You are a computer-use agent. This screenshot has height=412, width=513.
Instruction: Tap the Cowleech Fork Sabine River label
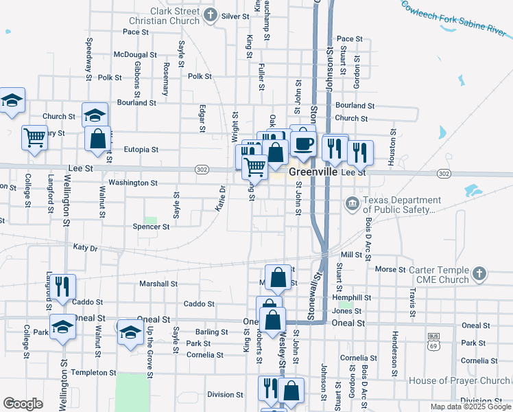453,18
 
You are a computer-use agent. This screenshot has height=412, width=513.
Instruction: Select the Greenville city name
312,172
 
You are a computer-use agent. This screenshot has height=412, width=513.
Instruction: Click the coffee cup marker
302,144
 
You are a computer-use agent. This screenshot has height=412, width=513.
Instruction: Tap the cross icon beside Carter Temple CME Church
479,274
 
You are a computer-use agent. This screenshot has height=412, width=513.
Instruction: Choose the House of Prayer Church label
459,380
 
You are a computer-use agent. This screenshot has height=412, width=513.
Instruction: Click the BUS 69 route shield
433,339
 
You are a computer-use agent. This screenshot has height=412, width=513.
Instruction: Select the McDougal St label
136,54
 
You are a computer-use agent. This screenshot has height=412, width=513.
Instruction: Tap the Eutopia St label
141,149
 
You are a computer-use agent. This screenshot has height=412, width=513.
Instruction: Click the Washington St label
133,183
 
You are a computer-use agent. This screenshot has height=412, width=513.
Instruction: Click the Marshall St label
158,284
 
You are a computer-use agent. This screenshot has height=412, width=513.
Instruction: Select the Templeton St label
94,372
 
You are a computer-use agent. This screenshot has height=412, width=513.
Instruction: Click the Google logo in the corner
23,404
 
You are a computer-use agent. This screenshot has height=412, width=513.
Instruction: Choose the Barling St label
211,332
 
